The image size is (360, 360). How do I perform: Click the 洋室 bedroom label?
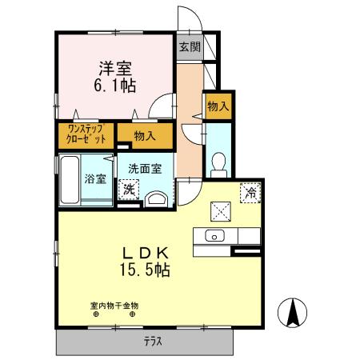(x=116, y=70)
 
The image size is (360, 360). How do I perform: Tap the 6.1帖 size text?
(x=116, y=86)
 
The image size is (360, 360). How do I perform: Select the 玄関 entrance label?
(x=190, y=47)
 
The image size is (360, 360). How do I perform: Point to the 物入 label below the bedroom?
(x=145, y=137)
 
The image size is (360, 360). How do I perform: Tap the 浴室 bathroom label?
(x=96, y=178)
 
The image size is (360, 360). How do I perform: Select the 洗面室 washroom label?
(x=145, y=169)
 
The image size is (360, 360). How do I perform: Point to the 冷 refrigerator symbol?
(x=251, y=192)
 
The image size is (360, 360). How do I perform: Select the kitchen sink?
(x=214, y=236)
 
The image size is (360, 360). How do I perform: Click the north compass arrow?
(x=294, y=310)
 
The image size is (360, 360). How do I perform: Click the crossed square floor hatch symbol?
(x=220, y=210)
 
